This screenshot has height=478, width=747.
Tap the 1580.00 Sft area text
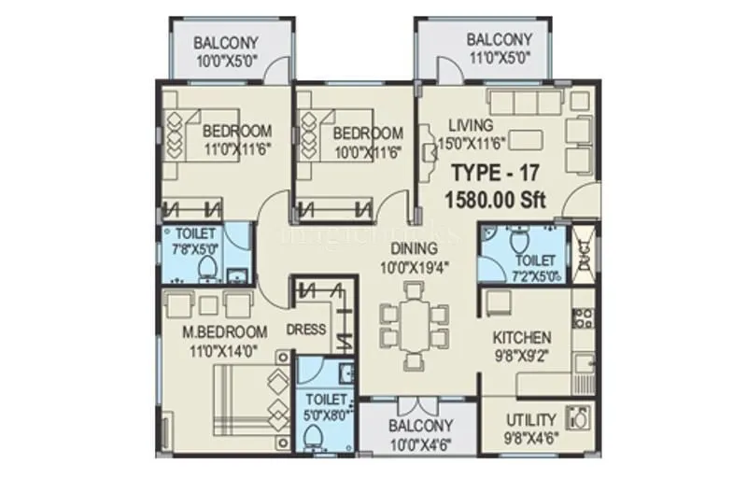498,199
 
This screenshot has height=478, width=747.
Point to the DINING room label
414,248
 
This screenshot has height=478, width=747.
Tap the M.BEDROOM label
225,332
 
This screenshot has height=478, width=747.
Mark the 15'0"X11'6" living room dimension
472,143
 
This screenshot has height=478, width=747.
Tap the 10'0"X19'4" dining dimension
414,267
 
